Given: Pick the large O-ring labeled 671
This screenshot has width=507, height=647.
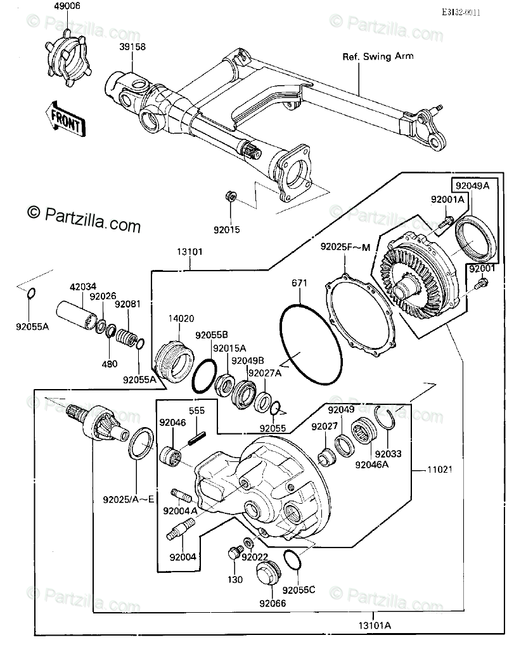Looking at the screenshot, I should pyautogui.click(x=306, y=344).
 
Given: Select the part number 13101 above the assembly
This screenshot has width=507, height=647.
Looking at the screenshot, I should pyautogui.click(x=189, y=252).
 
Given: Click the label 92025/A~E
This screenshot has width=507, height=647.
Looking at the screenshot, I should pyautogui.click(x=136, y=499).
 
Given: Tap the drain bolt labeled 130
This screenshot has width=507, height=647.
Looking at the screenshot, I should pyautogui.click(x=233, y=554).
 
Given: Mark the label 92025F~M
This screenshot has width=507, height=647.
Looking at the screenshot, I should pyautogui.click(x=345, y=247).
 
